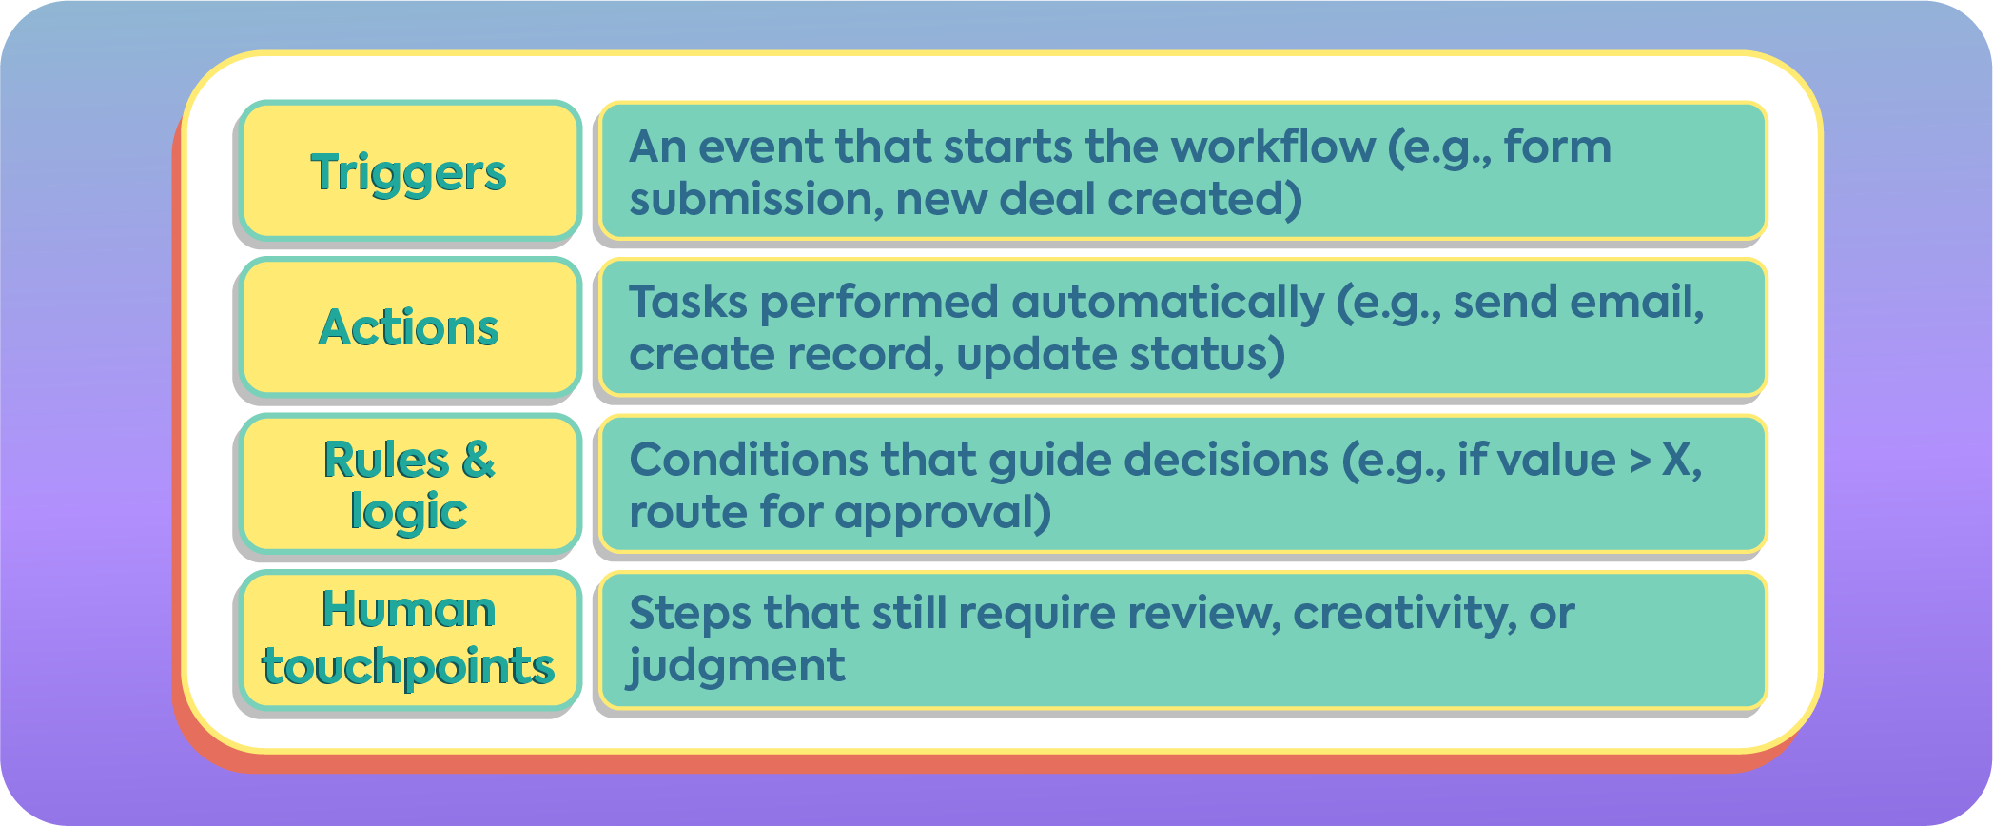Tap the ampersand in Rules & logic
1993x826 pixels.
(x=478, y=461)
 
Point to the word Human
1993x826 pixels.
(x=408, y=610)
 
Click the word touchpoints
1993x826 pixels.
(x=408, y=666)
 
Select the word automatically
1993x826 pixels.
(x=1167, y=304)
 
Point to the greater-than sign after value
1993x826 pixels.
(x=1639, y=462)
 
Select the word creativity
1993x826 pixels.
(x=1402, y=614)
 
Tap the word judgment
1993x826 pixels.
(x=736, y=666)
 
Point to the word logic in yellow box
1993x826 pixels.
(x=408, y=513)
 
